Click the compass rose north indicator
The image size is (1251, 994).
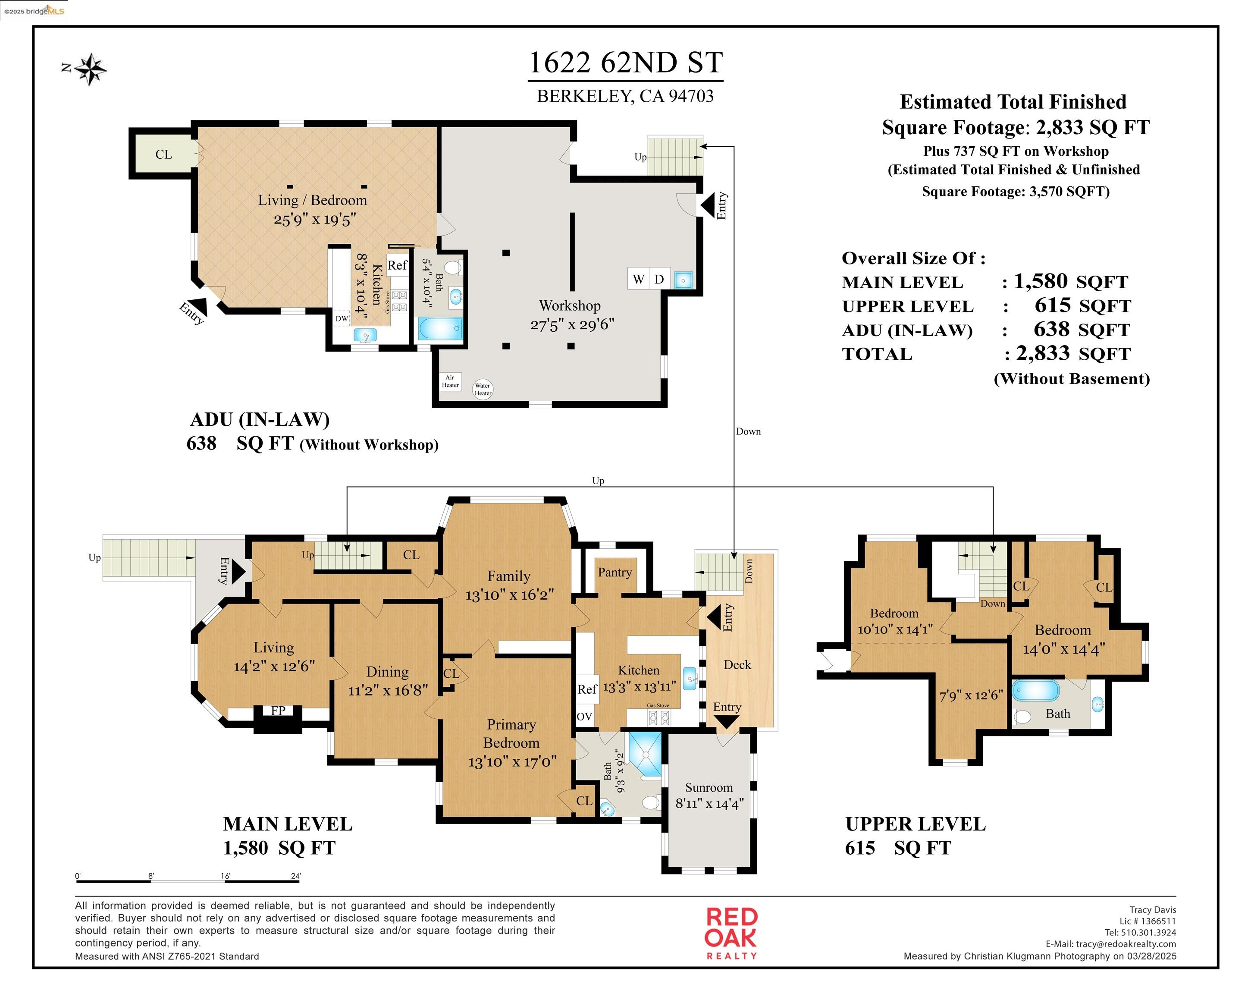coord(89,69)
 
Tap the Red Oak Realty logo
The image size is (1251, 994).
coord(731,934)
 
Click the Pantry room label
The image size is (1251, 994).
coord(615,572)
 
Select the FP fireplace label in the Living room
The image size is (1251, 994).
coord(278,711)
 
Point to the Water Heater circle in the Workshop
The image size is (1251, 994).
coord(483,389)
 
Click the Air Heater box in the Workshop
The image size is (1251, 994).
coord(450,381)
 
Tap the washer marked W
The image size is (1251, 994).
coord(638,279)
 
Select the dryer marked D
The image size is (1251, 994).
coord(659,279)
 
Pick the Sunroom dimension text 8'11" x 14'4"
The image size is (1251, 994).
coord(709,804)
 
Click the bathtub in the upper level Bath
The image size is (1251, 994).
coord(1036,691)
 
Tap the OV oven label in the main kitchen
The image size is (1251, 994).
coord(584,717)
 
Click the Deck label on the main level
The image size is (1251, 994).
coord(737,665)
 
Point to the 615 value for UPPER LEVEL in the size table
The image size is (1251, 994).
coord(1053,305)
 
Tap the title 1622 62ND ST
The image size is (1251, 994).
coord(625,63)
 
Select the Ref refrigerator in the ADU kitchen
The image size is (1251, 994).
coord(398,265)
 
